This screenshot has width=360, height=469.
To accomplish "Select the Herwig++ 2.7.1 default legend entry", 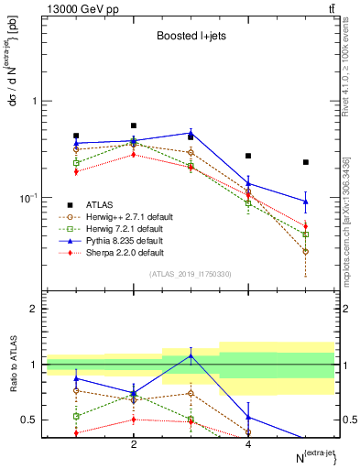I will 125,217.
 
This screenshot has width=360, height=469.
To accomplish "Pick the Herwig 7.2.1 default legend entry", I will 124,229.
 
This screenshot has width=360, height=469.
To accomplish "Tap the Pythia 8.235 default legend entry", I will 124,241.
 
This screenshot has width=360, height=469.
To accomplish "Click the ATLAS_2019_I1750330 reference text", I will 190,274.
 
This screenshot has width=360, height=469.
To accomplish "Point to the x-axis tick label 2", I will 134,444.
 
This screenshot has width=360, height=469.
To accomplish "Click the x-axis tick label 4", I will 248,444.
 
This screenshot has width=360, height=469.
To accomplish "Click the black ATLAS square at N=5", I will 306,162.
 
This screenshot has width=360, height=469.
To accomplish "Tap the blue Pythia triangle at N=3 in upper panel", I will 191,132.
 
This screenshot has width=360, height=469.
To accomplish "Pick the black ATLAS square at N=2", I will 134,125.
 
